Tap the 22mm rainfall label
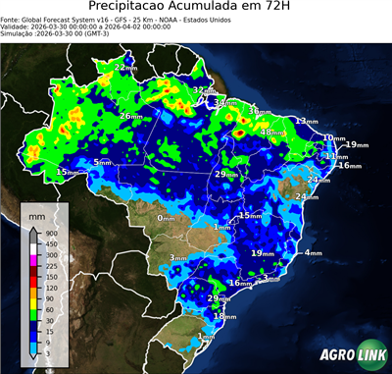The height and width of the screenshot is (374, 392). pos(126,67)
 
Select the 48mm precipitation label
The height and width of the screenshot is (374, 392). pos(272,132)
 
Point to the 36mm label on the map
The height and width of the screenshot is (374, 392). pos(259,111)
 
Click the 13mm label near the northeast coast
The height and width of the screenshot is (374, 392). pos(307,121)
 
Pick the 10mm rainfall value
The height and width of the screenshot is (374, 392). pos(334,138)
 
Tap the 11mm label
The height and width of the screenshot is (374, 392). pos(336,156)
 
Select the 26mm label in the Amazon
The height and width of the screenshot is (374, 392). pos(132,116)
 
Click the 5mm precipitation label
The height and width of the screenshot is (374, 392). pos(103,162)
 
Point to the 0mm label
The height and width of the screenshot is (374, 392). pos(167,218)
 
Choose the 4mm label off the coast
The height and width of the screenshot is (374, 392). pos(314,253)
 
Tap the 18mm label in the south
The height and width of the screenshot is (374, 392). pos(225,316)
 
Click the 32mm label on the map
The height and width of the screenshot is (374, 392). pos(204,90)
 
